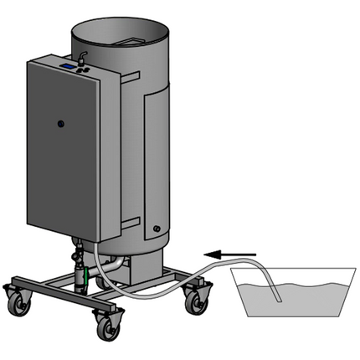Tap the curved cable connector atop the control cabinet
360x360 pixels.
(x=83, y=54)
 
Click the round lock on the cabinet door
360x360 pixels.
(x=61, y=124)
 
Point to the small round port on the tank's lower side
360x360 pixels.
(x=155, y=228)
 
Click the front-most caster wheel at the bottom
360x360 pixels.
(x=109, y=329)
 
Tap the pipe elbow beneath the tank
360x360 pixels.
(x=116, y=266)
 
